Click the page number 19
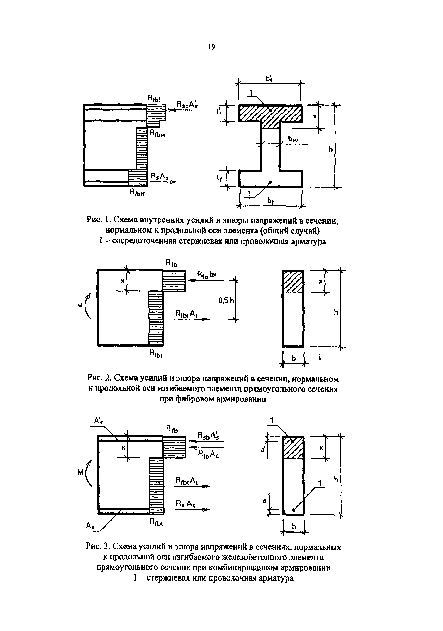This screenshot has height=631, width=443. tap(212, 47)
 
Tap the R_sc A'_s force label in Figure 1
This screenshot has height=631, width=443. tap(187, 105)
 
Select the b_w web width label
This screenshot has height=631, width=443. tap(293, 140)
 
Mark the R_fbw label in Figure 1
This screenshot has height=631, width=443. tap(157, 134)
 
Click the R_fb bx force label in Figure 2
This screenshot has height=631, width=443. tap(207, 275)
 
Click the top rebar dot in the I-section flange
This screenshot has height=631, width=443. tap(270, 110)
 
